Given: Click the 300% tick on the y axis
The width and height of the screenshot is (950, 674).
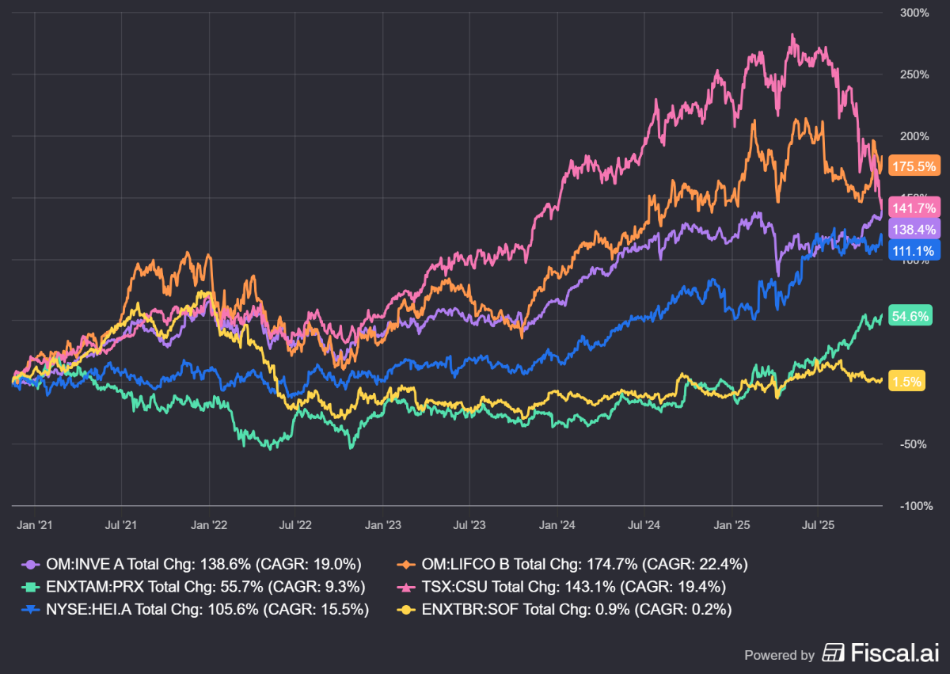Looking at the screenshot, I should [x=916, y=13].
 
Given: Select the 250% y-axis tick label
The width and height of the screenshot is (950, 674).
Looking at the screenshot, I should [x=916, y=74].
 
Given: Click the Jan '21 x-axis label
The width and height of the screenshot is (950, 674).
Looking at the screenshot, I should [x=35, y=524].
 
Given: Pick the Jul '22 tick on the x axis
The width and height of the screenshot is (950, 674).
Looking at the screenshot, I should [x=295, y=524].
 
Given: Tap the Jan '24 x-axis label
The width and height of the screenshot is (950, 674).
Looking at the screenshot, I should [x=557, y=524].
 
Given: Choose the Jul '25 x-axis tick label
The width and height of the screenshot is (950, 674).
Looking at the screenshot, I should [x=818, y=524].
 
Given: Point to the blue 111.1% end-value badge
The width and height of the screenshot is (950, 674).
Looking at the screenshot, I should [x=914, y=250].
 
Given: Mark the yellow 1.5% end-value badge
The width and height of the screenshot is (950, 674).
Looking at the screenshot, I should [x=907, y=381].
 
